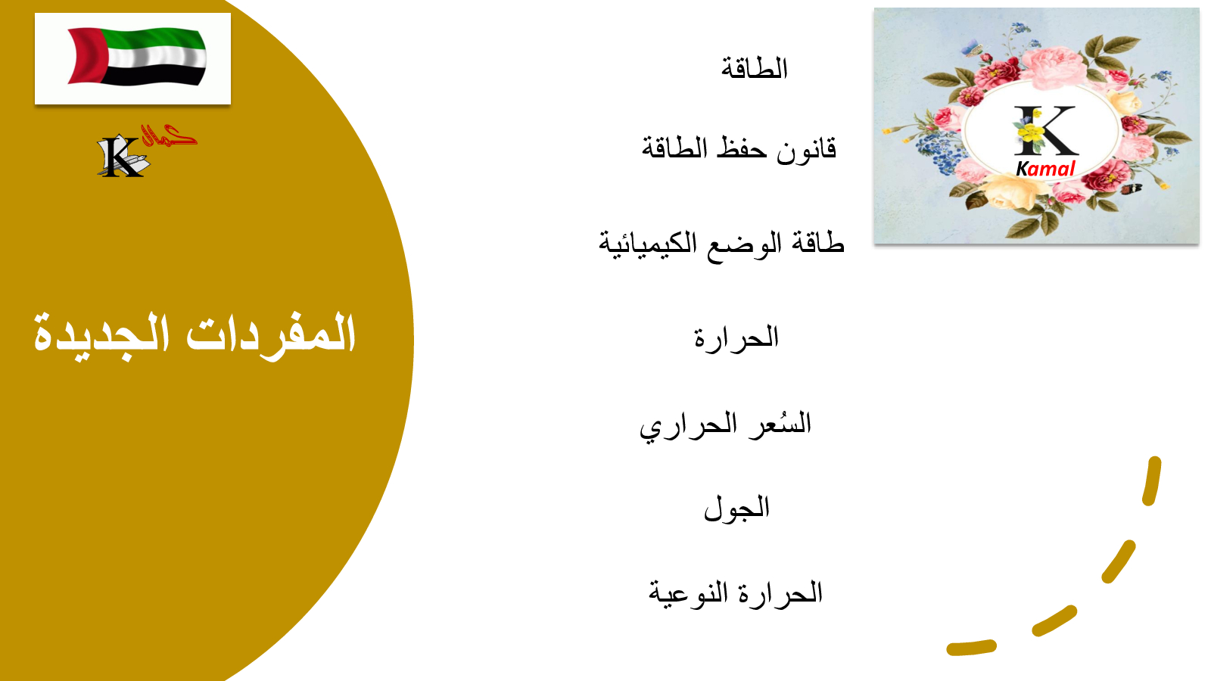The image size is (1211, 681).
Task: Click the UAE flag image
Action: tap(133, 58)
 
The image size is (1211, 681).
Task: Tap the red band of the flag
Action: tap(86, 56)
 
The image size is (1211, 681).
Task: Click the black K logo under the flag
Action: tap(121, 157)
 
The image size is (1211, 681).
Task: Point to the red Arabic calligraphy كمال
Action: tap(170, 135)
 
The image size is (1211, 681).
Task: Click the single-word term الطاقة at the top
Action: tap(754, 69)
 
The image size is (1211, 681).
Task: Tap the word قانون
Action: tap(806, 149)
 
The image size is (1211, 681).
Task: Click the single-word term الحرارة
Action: tap(736, 338)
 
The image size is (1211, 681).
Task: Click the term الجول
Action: tap(736, 508)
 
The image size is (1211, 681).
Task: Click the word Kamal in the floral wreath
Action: tap(1045, 169)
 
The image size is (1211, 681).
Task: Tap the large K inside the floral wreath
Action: tap(1046, 130)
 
